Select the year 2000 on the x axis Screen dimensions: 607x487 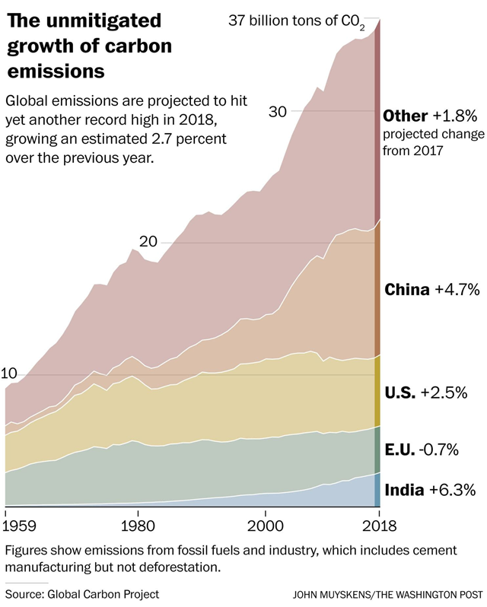[265, 526]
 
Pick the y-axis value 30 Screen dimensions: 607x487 [278, 111]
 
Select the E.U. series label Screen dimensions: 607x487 [402, 450]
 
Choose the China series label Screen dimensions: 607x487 [407, 290]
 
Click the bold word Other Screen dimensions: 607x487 [406, 116]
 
